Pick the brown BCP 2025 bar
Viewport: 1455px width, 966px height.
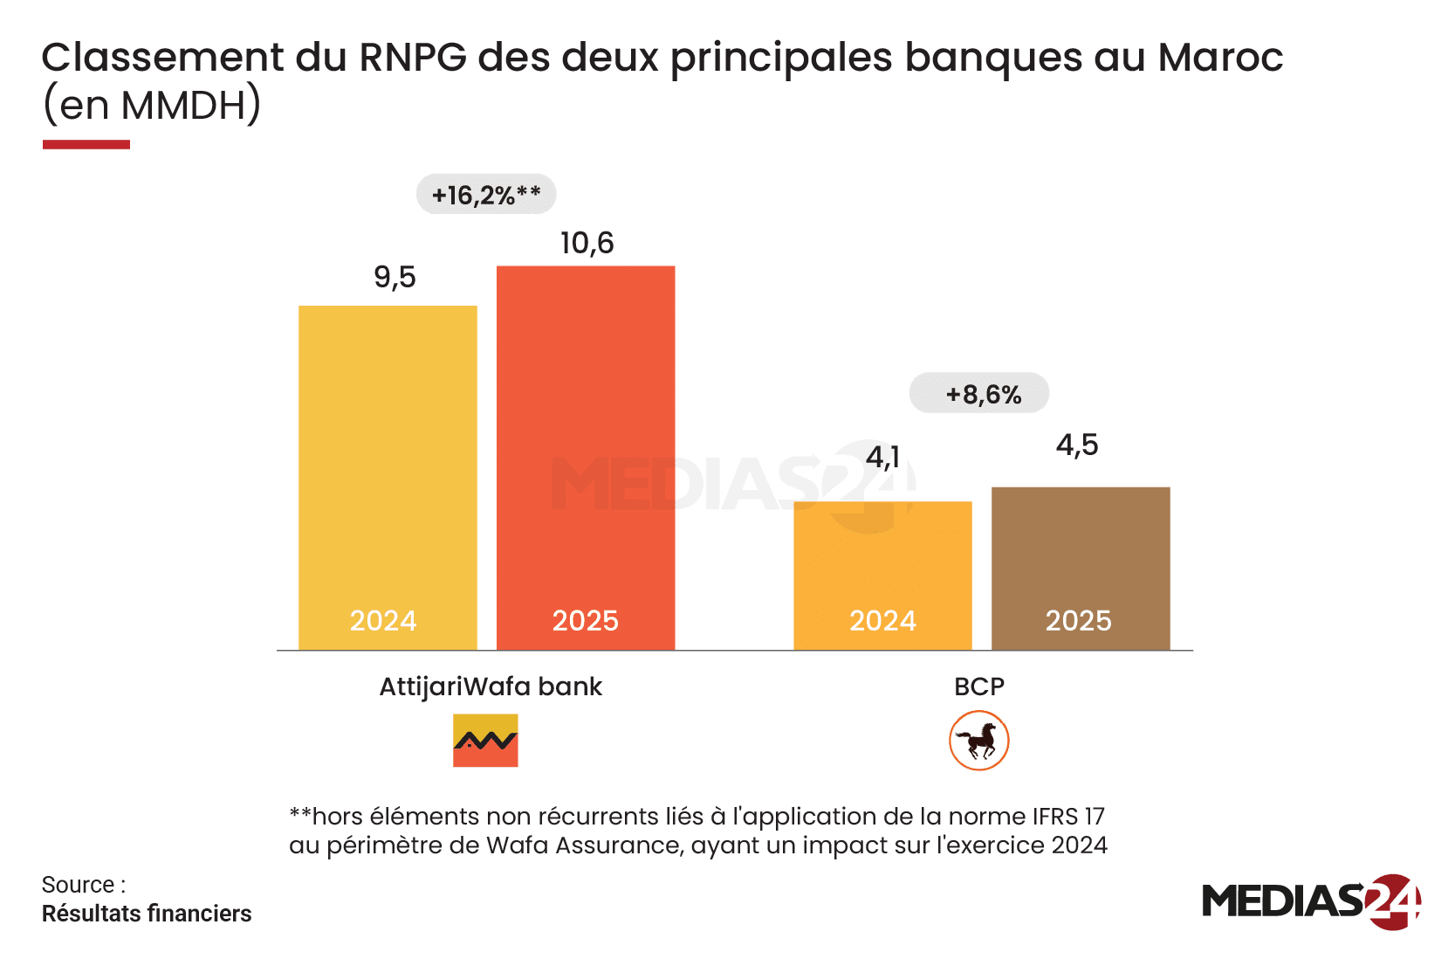click(x=1081, y=550)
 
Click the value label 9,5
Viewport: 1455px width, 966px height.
click(x=395, y=278)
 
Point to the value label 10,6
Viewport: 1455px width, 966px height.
click(x=587, y=244)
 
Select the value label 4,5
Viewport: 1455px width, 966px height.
click(x=1077, y=445)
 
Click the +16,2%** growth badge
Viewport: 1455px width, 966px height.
click(x=486, y=194)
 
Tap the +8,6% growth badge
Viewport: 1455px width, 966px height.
click(x=979, y=394)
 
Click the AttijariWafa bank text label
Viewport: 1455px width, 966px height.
click(x=491, y=687)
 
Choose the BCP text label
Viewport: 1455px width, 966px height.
click(x=979, y=687)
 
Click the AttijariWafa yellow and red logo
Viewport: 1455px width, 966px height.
click(x=485, y=741)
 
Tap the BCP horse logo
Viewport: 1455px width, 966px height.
click(x=979, y=741)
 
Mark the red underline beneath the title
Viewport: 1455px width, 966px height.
click(x=86, y=144)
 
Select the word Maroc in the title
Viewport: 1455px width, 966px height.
click(x=1220, y=58)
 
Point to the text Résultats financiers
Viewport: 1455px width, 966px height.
click(x=147, y=914)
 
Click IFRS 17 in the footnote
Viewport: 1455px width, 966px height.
click(x=1069, y=817)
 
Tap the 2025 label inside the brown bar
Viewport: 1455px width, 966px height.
click(x=1079, y=621)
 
